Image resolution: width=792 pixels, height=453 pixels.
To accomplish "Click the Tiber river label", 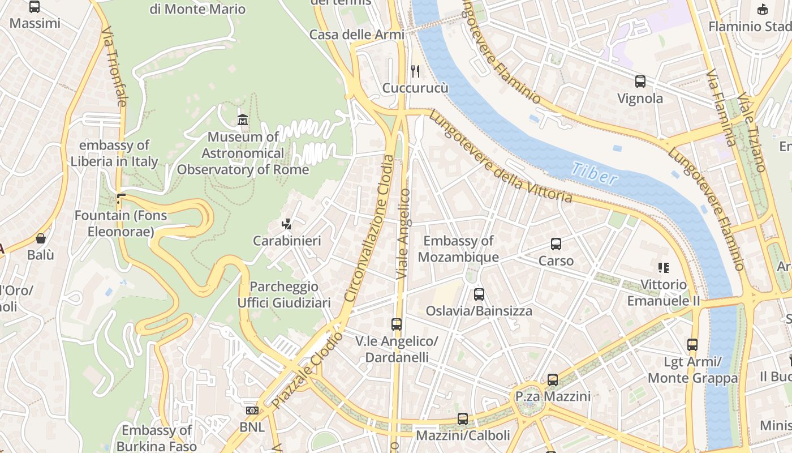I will point(594,174).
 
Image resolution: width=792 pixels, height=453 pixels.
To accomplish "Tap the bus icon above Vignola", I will point(640,82).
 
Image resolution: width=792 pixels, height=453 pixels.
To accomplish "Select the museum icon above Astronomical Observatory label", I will point(243,119).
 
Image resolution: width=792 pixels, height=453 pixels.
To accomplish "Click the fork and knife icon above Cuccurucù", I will point(415,71).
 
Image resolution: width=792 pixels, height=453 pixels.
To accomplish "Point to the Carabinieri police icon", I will point(286,224).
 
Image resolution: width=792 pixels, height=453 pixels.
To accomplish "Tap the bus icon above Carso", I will point(556,244).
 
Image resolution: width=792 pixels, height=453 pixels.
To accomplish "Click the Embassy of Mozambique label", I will point(458,249).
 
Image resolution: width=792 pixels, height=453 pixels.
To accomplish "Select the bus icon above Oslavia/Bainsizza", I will point(479,294).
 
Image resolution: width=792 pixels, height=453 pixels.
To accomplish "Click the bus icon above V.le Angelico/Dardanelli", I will point(396,324).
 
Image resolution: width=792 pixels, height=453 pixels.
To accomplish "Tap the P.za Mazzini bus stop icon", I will point(552,380).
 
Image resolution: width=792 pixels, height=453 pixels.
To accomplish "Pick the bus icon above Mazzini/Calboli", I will point(462,419).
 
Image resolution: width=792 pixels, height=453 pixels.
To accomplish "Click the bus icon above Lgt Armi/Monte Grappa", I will point(692,344).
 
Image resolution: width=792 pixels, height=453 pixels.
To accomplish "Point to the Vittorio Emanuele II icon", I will point(663,267).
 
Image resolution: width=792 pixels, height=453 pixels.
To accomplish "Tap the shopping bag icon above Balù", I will point(40,238).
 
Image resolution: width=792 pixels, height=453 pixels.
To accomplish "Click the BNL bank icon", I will point(252,410).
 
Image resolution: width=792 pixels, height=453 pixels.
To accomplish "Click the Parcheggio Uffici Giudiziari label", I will point(283,294).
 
